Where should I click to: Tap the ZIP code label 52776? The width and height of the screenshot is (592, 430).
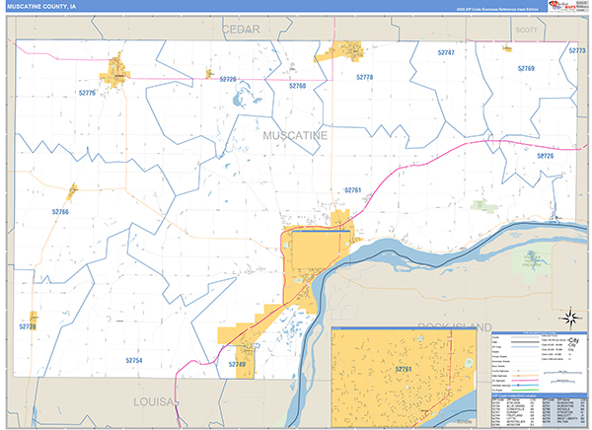88,93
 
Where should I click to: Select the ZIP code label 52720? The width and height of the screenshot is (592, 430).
228,79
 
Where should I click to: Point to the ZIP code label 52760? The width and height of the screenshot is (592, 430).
297,86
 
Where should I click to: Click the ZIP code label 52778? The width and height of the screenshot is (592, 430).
364,77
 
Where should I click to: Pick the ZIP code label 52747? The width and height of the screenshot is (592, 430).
446,51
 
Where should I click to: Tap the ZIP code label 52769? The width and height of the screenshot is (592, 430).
526,69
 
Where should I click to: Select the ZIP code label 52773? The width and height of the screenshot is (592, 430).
577,50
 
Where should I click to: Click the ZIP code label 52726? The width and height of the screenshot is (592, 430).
546,156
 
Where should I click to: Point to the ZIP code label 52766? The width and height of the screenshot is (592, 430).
61,211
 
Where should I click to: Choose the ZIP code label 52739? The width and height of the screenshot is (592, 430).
27,325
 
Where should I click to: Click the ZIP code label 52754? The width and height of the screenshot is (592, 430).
133,361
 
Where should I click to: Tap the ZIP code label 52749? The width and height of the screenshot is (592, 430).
237,365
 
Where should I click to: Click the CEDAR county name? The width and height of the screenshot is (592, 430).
240,30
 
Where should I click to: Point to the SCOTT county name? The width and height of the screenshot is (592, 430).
525,30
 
